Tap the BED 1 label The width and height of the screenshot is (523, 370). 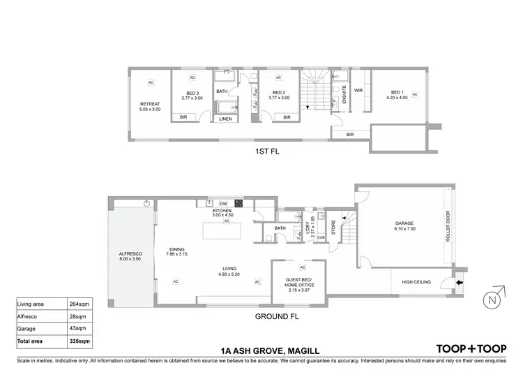[x=397, y=96]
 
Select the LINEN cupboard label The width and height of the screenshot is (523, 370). [x=225, y=119]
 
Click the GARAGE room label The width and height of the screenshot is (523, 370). [x=404, y=224]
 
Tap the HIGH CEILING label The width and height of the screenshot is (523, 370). [x=416, y=282]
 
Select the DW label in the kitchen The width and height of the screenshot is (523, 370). [x=223, y=203]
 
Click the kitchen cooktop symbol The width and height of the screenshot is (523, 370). [x=238, y=203]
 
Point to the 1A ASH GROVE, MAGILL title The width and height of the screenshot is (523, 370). [x=261, y=348]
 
